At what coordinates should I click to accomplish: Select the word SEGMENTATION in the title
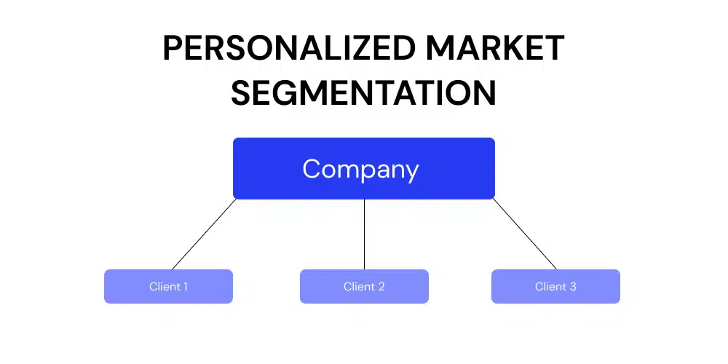click(x=364, y=94)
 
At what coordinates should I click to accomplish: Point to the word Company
click(x=361, y=170)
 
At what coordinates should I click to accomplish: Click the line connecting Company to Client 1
click(x=204, y=234)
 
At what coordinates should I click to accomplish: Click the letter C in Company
click(x=312, y=169)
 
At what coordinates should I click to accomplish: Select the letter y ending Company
click(x=413, y=172)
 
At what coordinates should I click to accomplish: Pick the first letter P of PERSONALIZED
click(x=173, y=49)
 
